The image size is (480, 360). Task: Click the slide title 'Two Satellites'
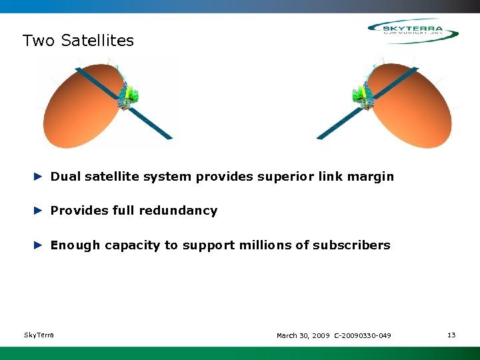pos(78,41)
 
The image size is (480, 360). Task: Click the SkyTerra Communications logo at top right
pos(413,31)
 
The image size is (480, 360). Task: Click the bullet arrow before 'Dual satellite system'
pos(39,177)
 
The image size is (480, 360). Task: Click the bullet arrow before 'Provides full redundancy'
pos(39,211)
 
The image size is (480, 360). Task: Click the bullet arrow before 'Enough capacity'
pos(39,245)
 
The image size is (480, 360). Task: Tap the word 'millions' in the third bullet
pos(264,245)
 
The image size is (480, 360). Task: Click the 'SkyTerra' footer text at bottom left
pos(39,335)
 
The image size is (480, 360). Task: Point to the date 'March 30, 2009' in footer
pos(303,335)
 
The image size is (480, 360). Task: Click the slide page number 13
pos(451,335)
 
